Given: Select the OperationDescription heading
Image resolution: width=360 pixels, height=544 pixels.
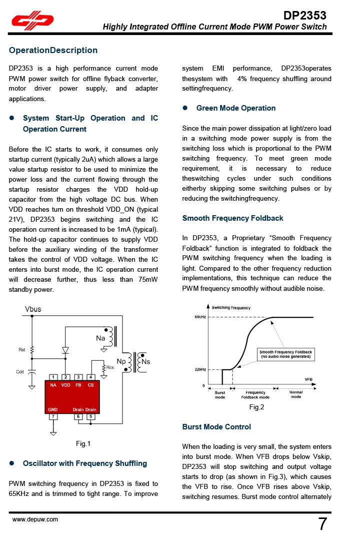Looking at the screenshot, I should pos(53,50).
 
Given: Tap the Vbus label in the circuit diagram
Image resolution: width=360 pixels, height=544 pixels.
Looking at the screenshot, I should pos(33,309).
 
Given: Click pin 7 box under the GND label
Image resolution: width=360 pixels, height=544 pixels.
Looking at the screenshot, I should pos(53,416).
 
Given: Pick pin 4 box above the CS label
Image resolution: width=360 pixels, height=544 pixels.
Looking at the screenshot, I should pos(90,377).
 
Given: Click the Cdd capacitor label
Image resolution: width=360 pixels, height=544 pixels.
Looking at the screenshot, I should pos(20,372).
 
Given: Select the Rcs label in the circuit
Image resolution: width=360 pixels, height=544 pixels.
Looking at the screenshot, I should pos(110,367).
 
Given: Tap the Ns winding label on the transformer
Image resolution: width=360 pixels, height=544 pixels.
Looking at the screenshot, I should pos(146,361).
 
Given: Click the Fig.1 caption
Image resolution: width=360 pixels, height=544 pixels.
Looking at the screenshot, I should pos(83,443).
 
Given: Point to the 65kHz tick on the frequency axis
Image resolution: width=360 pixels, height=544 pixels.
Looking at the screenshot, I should pos(200,317).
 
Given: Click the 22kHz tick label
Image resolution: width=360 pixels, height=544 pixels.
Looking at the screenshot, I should pos(200,369).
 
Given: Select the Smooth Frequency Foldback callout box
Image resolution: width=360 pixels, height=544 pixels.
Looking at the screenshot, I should pos(286,354).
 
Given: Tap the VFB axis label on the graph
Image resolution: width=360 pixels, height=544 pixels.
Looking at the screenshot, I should pos(309,379).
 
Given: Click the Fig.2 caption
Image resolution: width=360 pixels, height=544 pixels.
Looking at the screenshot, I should pos(256,407).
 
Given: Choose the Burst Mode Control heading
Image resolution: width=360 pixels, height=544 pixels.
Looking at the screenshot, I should pos(216,427).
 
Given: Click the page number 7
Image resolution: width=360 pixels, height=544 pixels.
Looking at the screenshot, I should pos(322,524).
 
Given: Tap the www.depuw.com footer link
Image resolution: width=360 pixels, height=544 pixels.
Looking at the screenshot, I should pos(35,519).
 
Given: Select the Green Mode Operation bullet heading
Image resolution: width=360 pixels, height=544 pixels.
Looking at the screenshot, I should pos(236,108).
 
